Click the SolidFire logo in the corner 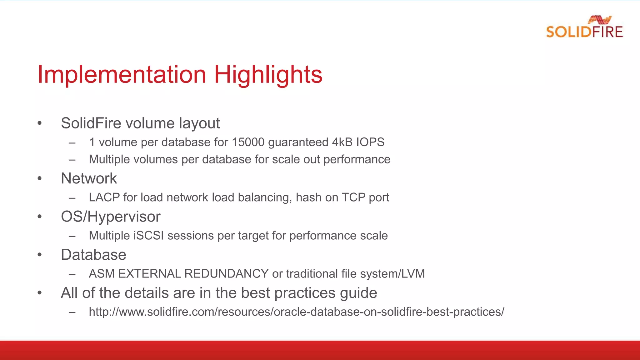[x=584, y=27]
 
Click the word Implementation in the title [x=122, y=75]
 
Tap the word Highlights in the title [x=268, y=75]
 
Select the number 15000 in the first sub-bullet [x=248, y=142]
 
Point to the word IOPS [x=370, y=142]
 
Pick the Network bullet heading [x=89, y=178]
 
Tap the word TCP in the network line [x=353, y=197]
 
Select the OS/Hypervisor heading [x=111, y=217]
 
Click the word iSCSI [x=148, y=236]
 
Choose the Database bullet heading [x=93, y=255]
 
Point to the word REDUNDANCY [x=226, y=274]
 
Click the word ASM [x=102, y=274]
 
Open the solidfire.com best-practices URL [x=296, y=312]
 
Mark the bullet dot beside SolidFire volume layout [x=39, y=123]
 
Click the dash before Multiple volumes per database [x=72, y=160]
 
